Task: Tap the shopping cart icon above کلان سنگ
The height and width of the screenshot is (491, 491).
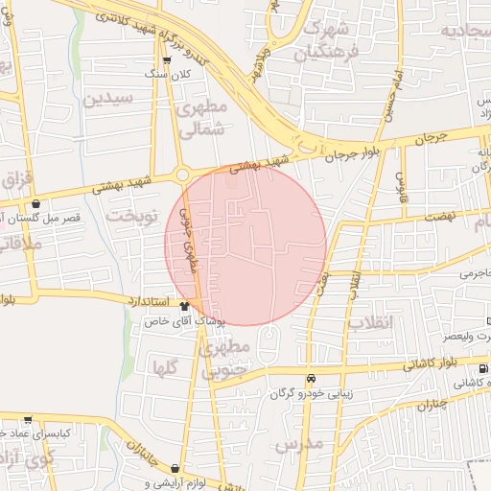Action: tap(167, 59)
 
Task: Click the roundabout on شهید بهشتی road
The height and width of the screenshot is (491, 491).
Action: tap(182, 175)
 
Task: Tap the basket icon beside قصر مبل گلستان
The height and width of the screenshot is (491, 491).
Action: tap(35, 203)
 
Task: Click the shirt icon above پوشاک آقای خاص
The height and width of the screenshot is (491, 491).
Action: tap(184, 305)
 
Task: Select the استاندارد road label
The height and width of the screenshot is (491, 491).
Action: tap(149, 301)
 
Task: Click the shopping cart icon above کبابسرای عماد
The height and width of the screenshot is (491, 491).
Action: tap(28, 419)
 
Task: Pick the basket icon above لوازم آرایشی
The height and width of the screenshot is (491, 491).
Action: tap(175, 468)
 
